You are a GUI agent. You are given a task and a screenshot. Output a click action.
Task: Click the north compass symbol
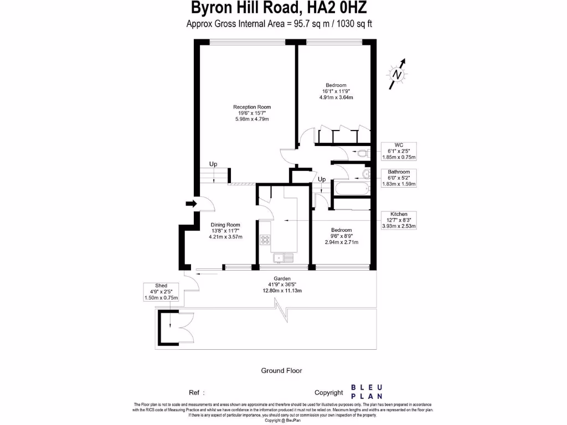396,74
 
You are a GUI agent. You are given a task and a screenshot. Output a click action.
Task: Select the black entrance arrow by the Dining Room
191,204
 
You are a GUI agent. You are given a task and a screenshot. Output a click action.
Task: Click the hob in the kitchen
265,240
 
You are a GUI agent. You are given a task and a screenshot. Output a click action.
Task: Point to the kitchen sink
282,257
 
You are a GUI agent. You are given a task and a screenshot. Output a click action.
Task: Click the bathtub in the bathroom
350,189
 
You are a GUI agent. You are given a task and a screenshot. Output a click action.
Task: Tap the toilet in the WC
363,153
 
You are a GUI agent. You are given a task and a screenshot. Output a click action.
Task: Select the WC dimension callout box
399,151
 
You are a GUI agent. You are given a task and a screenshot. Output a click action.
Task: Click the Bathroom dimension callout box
399,178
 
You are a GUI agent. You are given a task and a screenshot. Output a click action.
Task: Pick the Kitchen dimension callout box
399,220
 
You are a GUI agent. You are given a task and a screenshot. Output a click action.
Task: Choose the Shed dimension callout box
161,292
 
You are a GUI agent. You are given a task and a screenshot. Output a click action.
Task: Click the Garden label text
282,279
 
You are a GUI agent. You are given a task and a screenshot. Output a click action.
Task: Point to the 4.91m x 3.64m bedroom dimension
336,97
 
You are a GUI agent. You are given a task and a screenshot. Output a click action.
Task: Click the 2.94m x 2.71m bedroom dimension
342,242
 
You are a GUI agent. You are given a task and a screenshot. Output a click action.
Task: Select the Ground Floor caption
282,371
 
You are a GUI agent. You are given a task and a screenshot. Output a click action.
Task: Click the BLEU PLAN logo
363,392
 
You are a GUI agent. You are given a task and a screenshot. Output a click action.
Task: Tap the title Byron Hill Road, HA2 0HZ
279,8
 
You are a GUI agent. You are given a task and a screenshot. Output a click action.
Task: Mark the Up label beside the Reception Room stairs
213,164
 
